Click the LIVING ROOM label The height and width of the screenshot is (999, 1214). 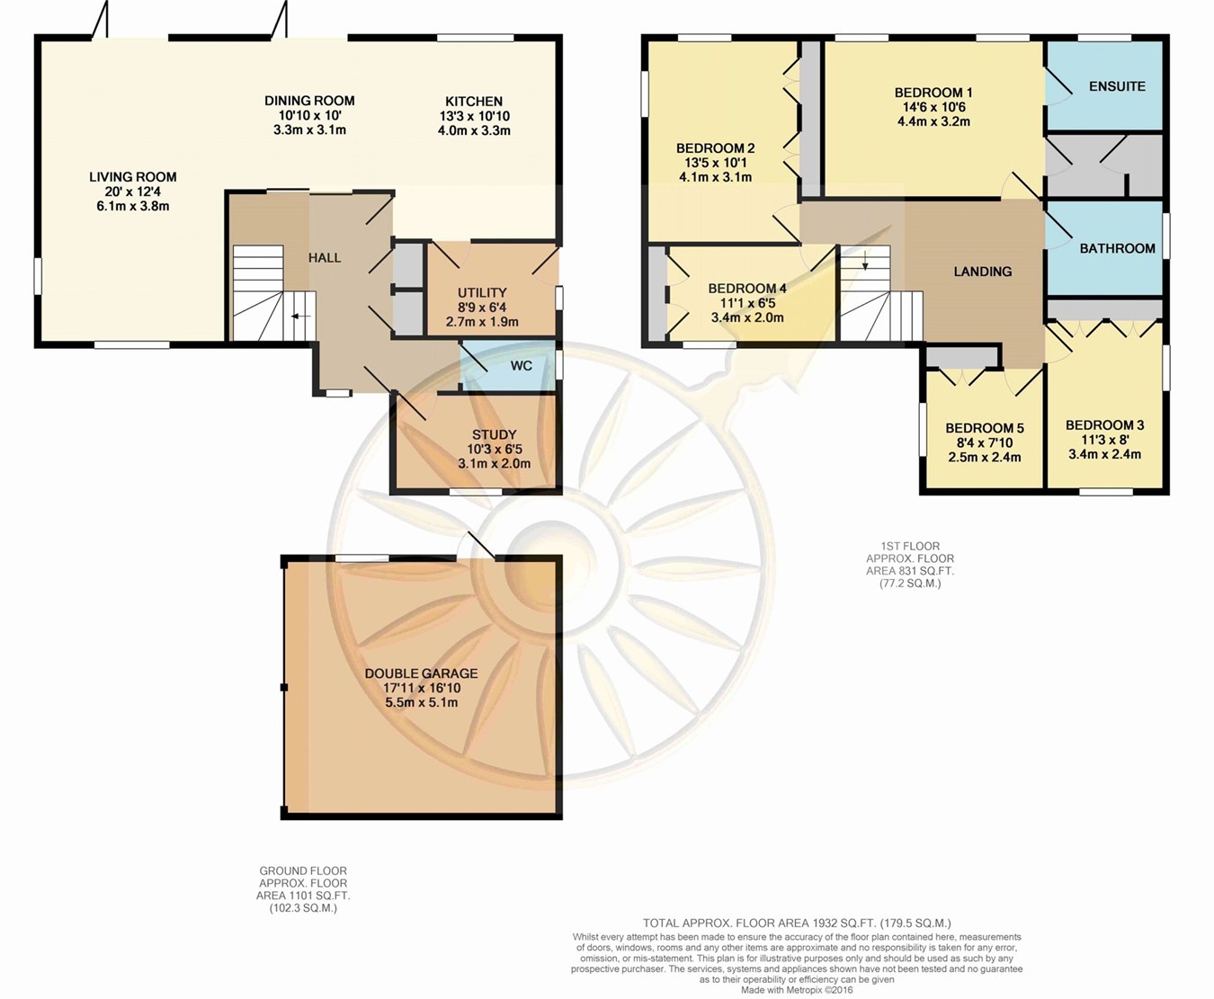(x=132, y=176)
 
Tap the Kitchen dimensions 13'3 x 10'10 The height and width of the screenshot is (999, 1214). (x=474, y=116)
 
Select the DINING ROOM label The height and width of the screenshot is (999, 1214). (x=309, y=101)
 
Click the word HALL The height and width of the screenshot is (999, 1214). (x=325, y=258)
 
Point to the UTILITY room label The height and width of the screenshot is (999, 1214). (x=482, y=292)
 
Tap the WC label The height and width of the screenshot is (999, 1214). (x=521, y=366)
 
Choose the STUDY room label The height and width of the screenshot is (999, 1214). (x=494, y=434)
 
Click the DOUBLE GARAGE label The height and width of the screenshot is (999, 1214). (x=421, y=673)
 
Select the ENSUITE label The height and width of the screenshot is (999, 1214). (x=1117, y=86)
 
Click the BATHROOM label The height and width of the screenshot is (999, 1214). (x=1117, y=248)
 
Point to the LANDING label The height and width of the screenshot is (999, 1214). (x=982, y=272)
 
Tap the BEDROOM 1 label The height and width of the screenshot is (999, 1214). (x=933, y=93)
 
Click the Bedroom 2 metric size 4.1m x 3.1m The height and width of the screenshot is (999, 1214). (x=715, y=177)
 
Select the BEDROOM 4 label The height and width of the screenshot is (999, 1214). (x=747, y=289)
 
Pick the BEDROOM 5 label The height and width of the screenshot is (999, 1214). (x=985, y=428)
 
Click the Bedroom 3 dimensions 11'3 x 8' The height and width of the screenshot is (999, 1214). (x=1104, y=440)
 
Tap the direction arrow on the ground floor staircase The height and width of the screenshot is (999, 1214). (x=300, y=316)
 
